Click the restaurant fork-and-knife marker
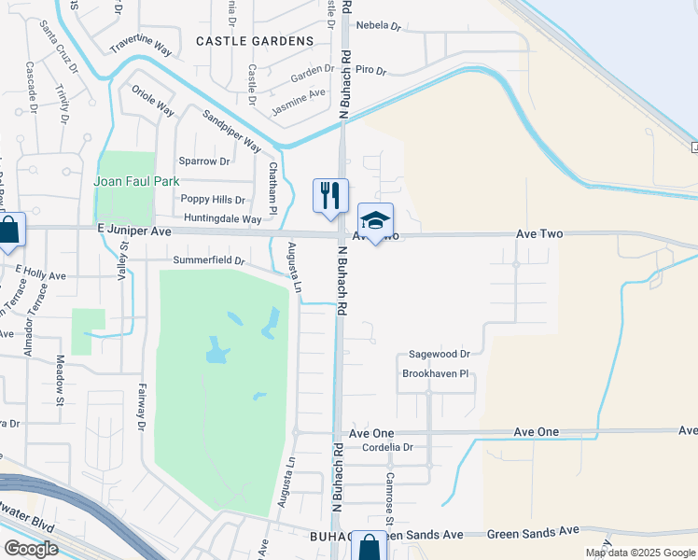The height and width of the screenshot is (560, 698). point(330,196)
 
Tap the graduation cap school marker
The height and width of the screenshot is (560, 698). point(375,221)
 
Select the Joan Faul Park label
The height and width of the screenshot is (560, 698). point(136,180)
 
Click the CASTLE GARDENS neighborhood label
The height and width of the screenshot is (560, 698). point(255,41)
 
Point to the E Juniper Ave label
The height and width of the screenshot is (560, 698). point(134,231)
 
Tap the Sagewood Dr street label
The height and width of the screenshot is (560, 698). point(440,355)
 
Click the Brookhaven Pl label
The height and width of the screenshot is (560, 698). point(434,373)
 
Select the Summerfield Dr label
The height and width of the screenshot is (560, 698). point(208,260)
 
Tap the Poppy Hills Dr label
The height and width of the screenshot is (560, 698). point(213,199)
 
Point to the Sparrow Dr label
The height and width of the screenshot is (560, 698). point(204,161)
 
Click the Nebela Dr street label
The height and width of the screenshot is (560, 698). point(377,26)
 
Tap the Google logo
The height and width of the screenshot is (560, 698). point(31,549)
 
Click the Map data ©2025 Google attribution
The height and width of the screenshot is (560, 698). point(639,553)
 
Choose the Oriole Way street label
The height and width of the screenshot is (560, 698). point(153,101)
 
